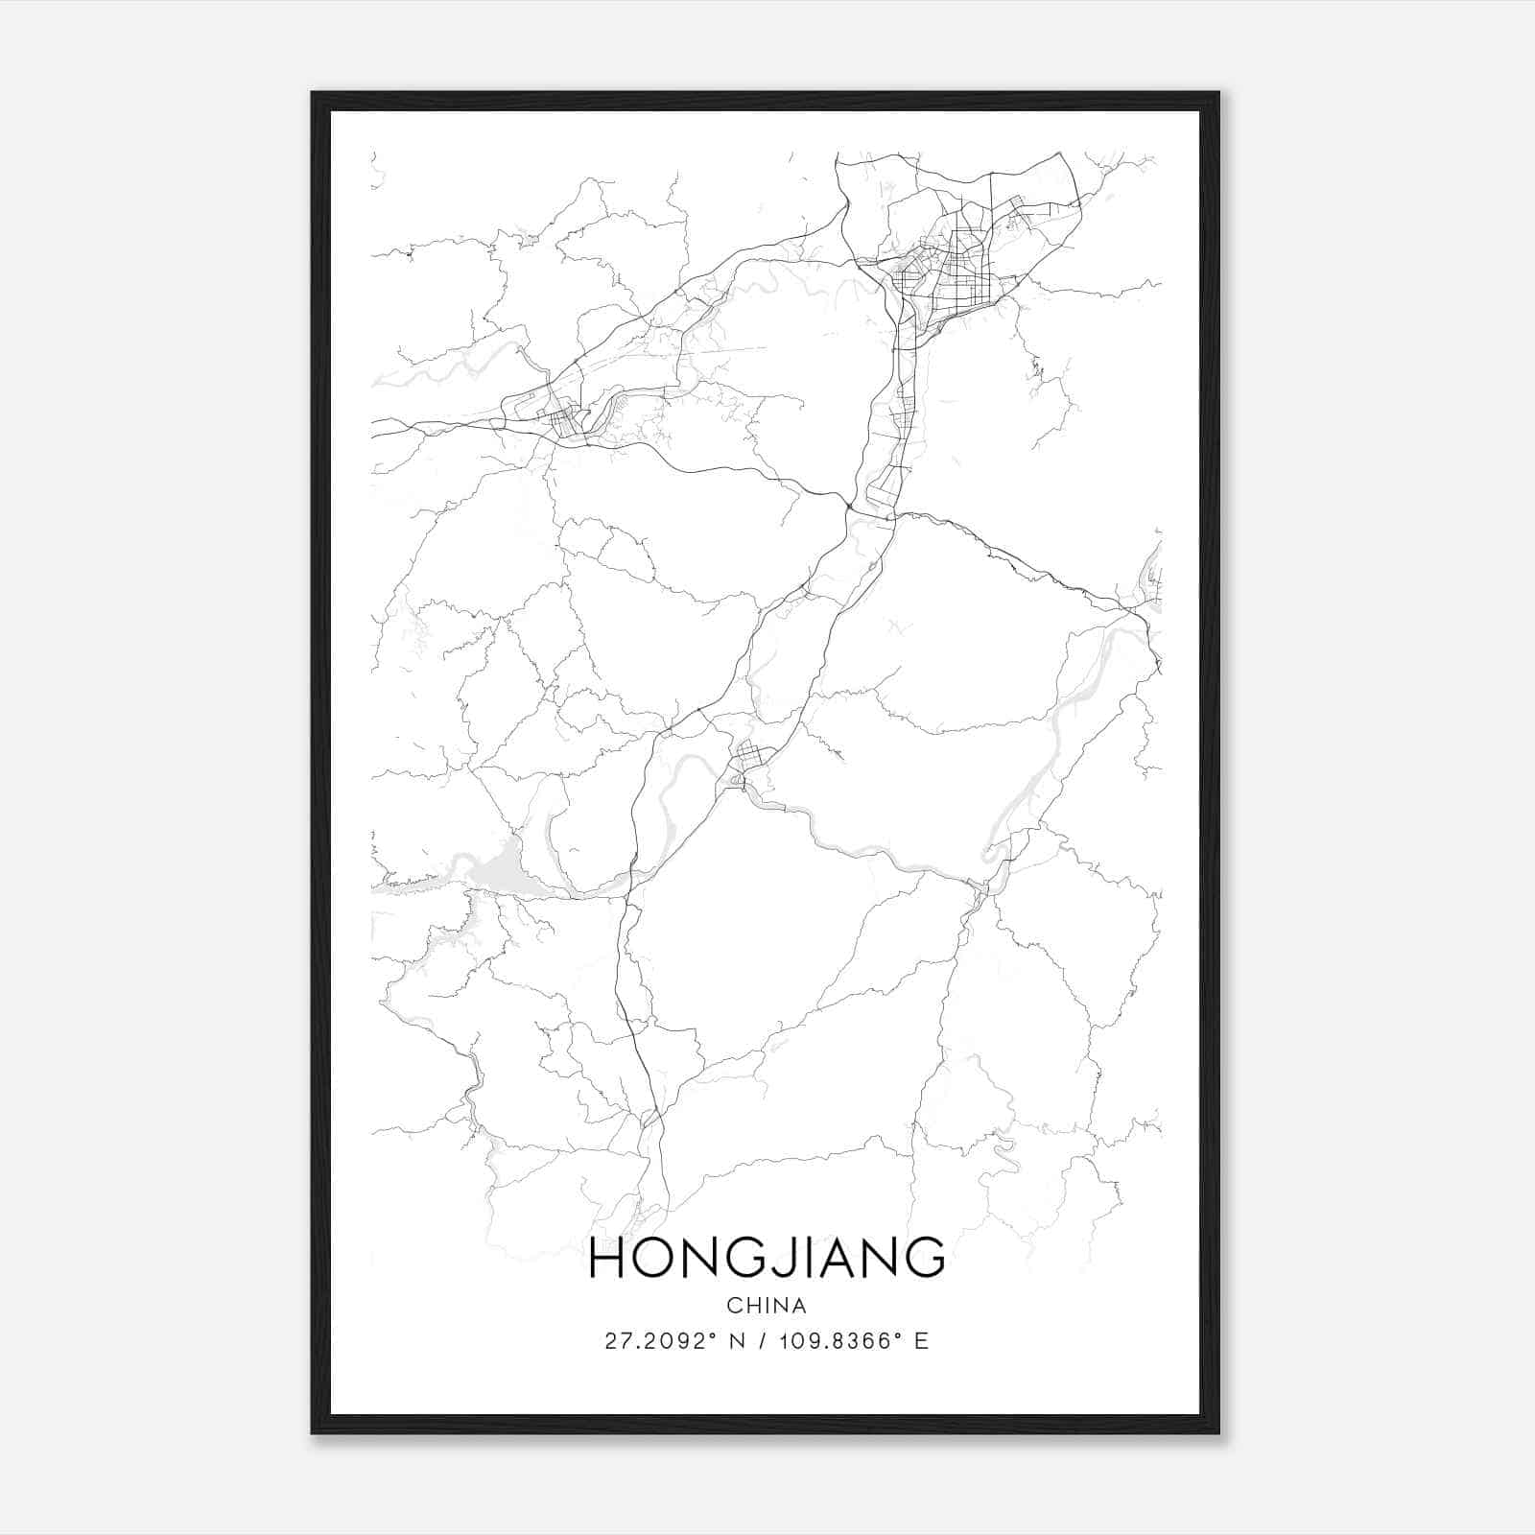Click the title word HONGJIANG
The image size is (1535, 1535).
click(x=767, y=1258)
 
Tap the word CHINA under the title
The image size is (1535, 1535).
click(x=767, y=1306)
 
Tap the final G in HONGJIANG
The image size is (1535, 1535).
click(x=925, y=1258)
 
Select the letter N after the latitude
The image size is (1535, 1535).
click(x=738, y=1341)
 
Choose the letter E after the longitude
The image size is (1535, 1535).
click(x=922, y=1341)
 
